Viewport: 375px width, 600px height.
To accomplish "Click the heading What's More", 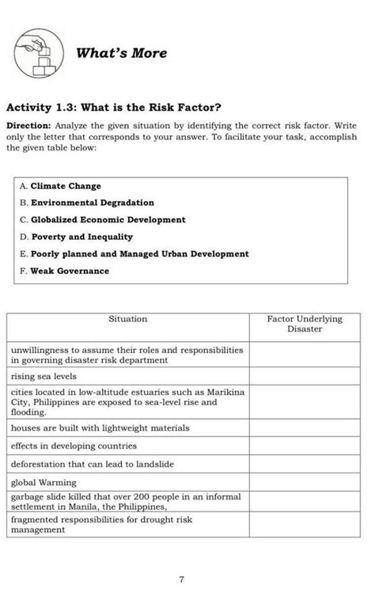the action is tap(121, 53).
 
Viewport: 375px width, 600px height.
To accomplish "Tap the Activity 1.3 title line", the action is tap(114, 108).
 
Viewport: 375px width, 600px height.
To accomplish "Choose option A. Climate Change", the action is tap(61, 186).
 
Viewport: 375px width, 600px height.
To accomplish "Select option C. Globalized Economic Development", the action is tap(103, 220).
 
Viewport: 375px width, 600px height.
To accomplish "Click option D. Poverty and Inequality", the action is tap(76, 237).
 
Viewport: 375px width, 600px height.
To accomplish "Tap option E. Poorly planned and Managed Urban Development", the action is tap(134, 254).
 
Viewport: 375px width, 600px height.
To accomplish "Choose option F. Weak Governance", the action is tap(64, 271).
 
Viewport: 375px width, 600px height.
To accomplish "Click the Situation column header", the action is tap(127, 319).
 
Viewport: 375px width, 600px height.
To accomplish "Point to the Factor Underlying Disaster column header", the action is tap(305, 324).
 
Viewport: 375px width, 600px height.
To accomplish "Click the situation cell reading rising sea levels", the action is tap(44, 377).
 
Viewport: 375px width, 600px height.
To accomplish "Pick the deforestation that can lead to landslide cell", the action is tap(92, 464).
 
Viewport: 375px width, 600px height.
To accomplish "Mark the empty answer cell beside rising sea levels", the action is tap(305, 377).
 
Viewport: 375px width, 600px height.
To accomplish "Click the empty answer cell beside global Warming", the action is tap(305, 482).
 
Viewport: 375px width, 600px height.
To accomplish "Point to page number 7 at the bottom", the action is tap(181, 580).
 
